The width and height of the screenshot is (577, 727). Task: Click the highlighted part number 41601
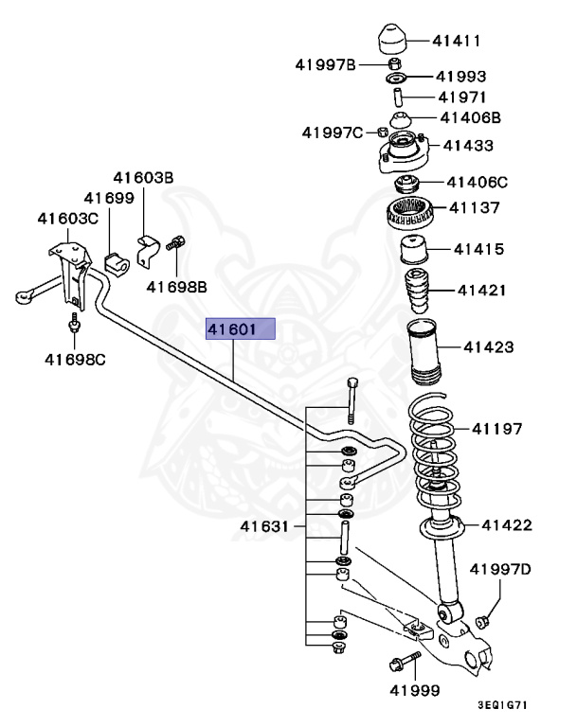click(x=242, y=329)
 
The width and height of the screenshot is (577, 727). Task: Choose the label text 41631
click(x=265, y=526)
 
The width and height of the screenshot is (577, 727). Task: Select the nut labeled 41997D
click(x=480, y=620)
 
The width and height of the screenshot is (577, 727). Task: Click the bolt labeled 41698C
click(x=73, y=328)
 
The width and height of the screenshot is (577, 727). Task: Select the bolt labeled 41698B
click(x=175, y=244)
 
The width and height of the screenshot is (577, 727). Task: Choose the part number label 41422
click(x=507, y=525)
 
